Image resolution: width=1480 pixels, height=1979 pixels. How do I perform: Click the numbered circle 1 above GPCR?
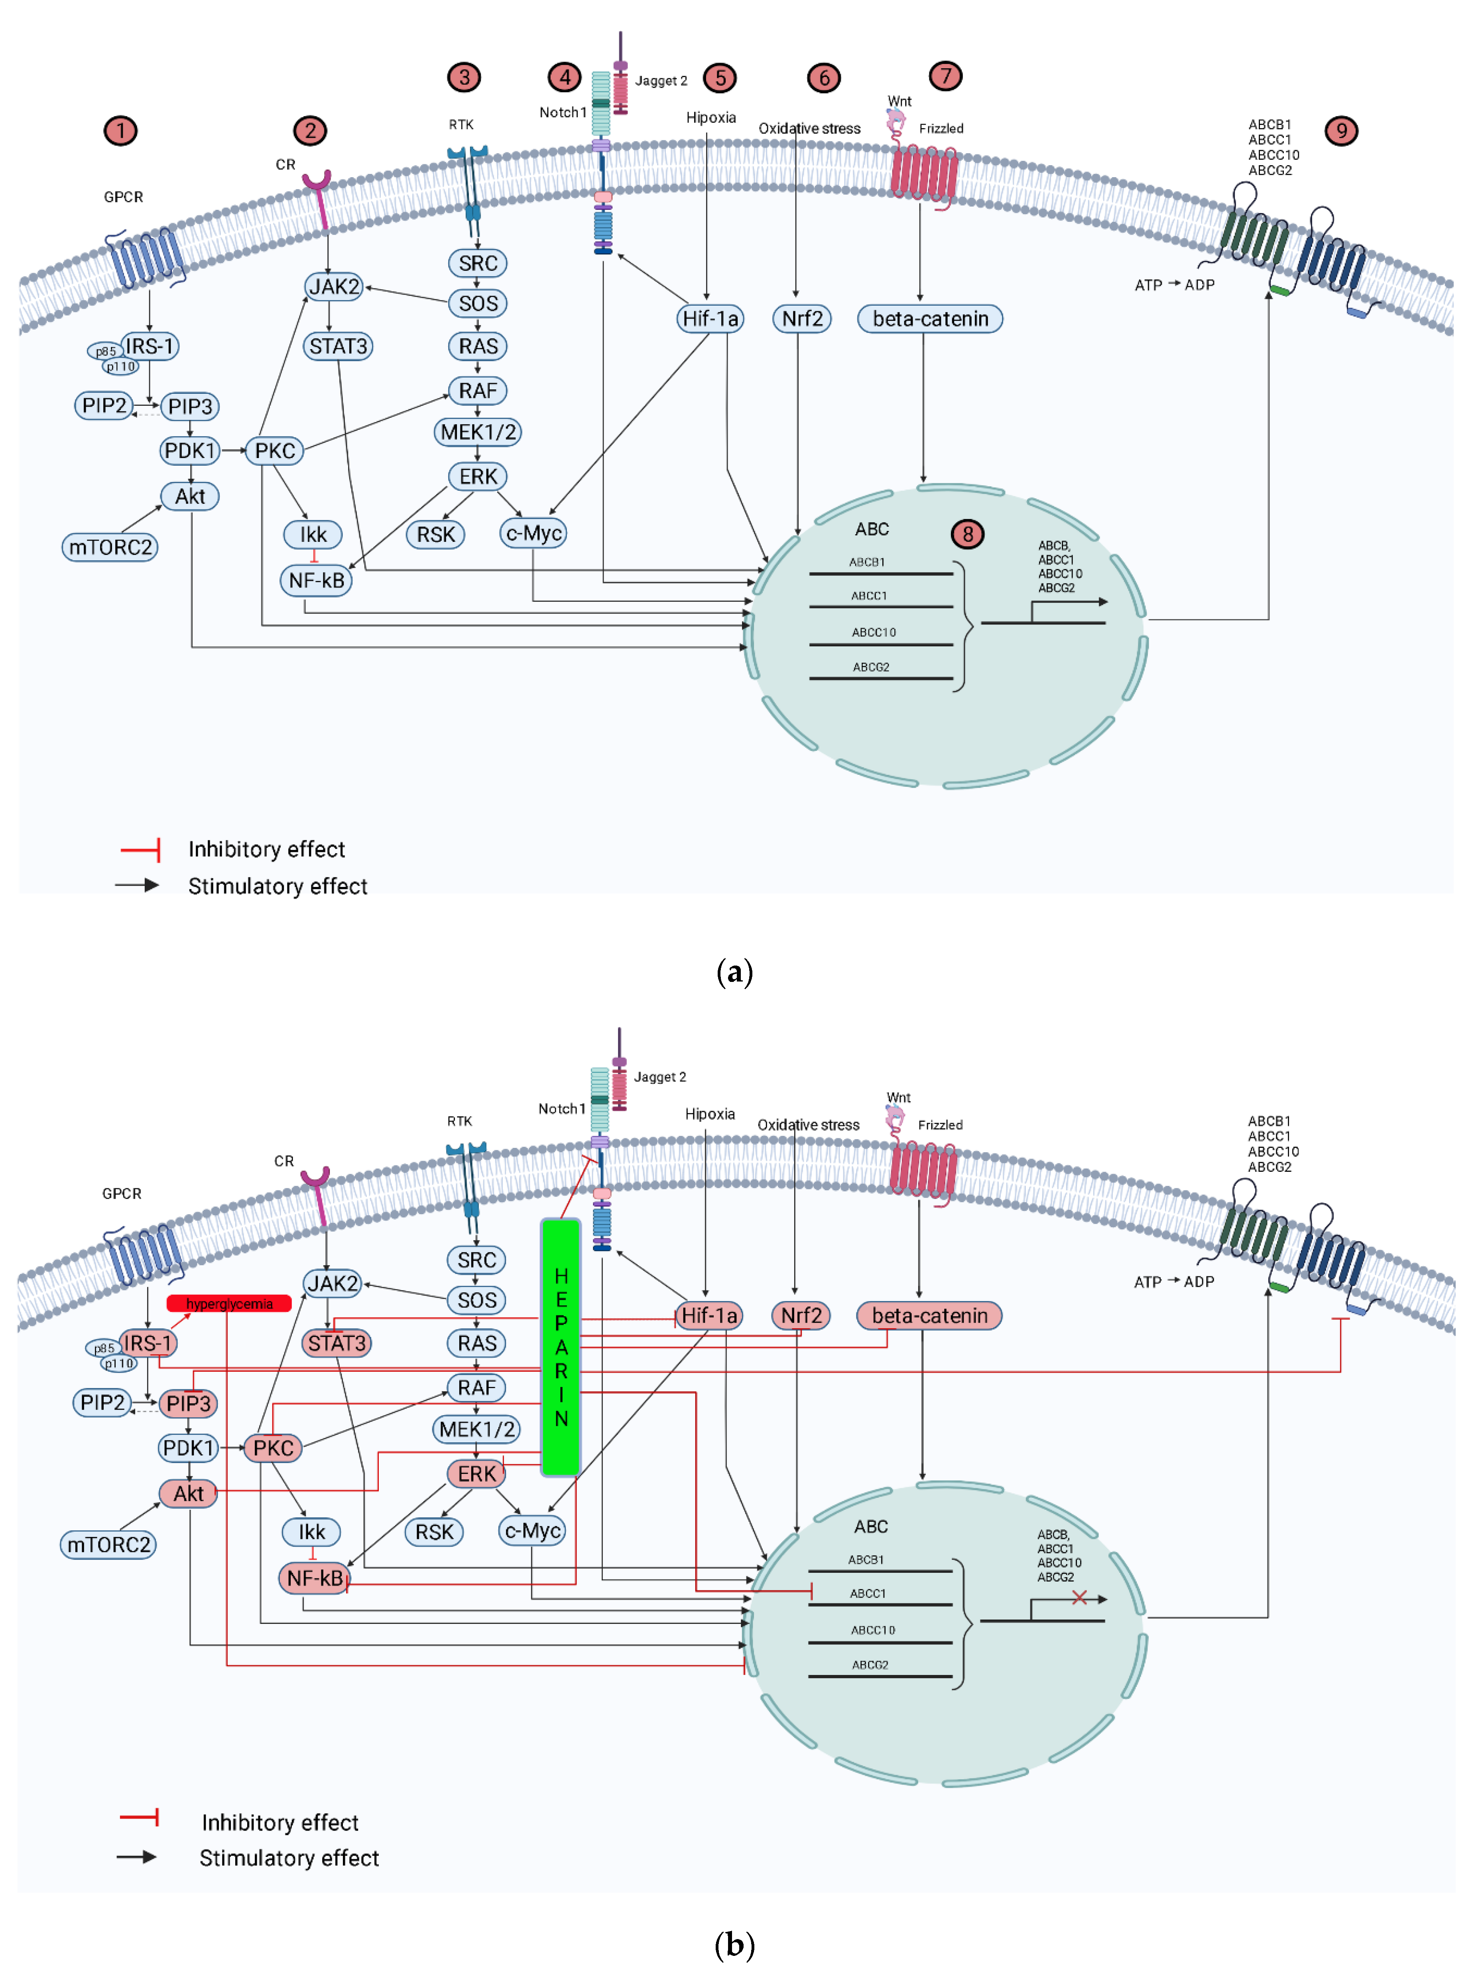click(x=121, y=130)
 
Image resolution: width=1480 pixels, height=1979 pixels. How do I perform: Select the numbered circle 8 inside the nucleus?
click(x=967, y=534)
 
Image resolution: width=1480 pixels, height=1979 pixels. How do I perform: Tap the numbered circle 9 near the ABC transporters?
click(x=1340, y=130)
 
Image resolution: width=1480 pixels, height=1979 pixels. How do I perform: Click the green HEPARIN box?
click(x=561, y=1347)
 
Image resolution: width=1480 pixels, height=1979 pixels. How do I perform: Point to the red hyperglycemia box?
click(x=229, y=1304)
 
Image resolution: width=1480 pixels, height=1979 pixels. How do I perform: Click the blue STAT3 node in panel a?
click(x=338, y=346)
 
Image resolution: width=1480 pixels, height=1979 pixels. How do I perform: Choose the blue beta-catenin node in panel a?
click(x=930, y=318)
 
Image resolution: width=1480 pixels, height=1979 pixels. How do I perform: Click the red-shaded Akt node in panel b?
click(x=188, y=1493)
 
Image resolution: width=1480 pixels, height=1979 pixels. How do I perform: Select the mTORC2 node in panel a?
click(x=110, y=547)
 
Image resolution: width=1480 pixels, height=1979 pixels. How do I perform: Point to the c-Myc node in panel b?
click(x=532, y=1531)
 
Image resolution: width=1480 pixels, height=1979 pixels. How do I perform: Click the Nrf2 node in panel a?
click(x=801, y=318)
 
